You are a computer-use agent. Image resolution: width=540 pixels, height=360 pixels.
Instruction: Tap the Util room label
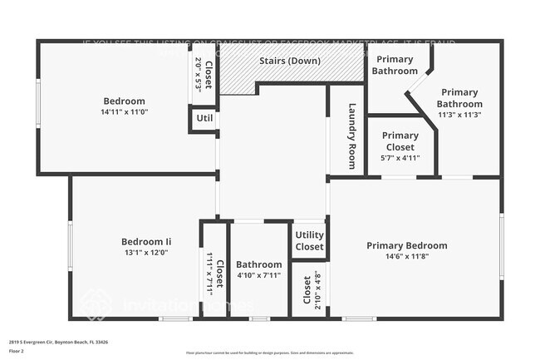click(204, 119)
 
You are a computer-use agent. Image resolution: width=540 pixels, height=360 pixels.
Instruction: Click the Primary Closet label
click(400, 141)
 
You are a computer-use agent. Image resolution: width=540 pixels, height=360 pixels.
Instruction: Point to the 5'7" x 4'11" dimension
click(400, 157)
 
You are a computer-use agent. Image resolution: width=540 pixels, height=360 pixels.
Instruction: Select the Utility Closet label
click(309, 241)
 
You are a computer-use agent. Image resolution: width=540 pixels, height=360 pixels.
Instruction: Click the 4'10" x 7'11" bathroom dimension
click(258, 275)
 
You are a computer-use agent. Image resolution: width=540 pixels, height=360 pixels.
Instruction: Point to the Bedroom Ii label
click(145, 242)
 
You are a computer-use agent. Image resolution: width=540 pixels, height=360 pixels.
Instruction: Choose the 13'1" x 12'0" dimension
click(145, 253)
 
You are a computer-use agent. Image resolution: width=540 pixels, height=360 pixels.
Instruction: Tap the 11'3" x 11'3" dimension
click(460, 115)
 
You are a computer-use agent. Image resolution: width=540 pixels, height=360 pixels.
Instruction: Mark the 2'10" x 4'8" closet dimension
click(317, 289)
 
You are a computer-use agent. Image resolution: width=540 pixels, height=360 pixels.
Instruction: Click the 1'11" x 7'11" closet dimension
click(209, 270)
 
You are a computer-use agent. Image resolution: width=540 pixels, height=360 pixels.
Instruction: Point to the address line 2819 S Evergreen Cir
click(58, 341)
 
